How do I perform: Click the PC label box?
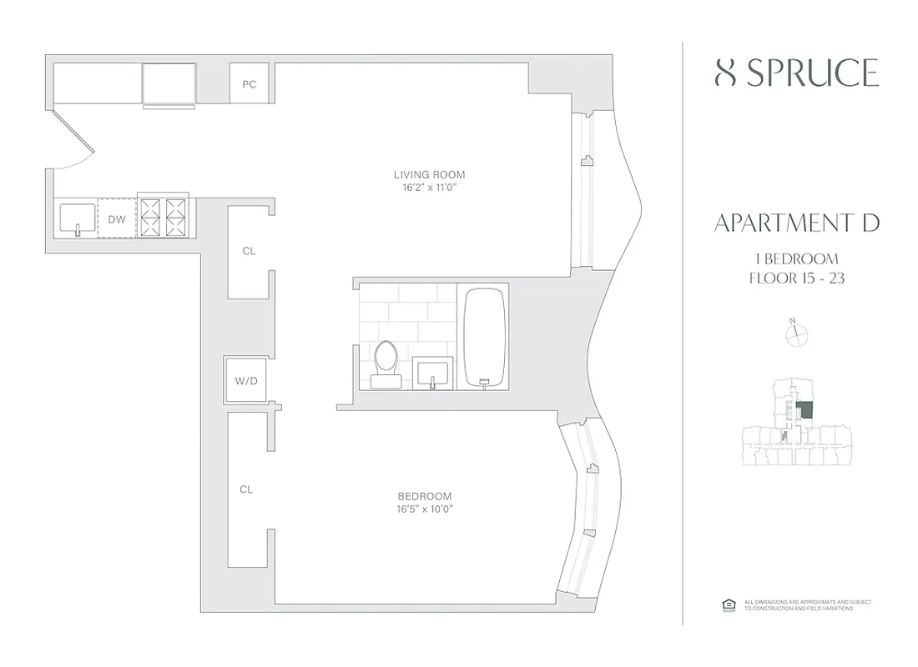click(x=249, y=84)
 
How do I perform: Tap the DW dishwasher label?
click(x=116, y=219)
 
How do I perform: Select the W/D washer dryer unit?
click(x=245, y=382)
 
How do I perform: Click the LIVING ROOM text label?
click(x=429, y=175)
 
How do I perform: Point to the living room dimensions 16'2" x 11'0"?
click(x=429, y=188)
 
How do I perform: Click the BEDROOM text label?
click(x=425, y=496)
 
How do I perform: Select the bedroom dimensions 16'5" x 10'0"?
click(x=425, y=509)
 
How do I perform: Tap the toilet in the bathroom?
click(x=386, y=364)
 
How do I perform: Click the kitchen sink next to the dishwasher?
click(x=78, y=218)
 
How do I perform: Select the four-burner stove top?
click(x=163, y=218)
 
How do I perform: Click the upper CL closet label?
click(x=249, y=251)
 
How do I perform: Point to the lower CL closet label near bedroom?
click(x=246, y=490)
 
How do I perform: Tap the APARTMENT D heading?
click(x=797, y=223)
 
